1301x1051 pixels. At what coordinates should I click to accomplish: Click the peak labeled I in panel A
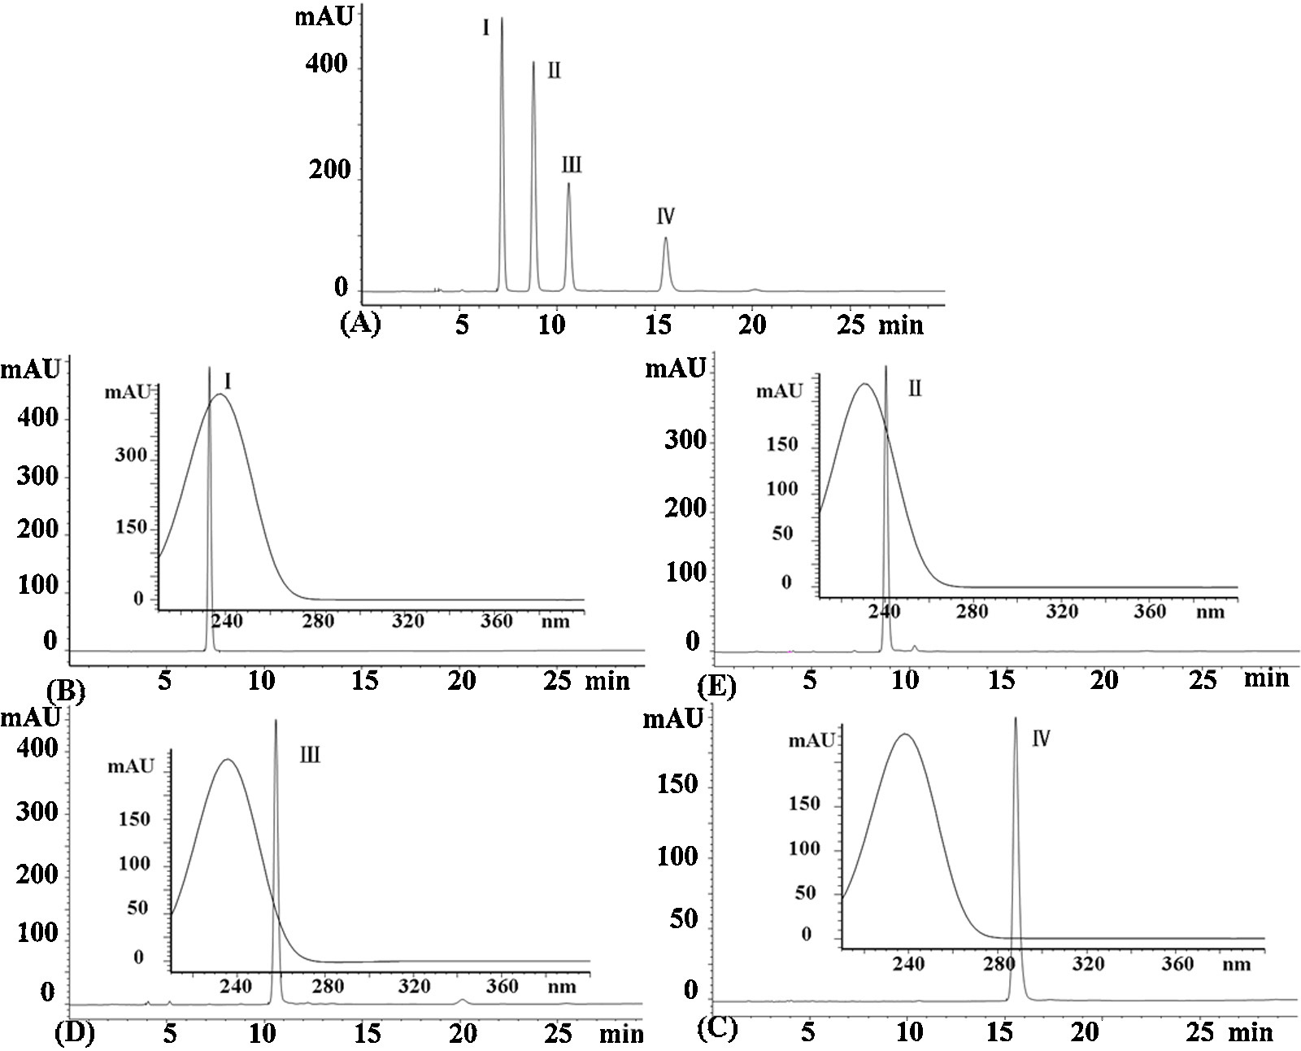click(x=502, y=20)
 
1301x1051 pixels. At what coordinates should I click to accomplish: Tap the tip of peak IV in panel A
click(x=665, y=238)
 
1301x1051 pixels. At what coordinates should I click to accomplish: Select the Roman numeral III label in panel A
click(x=572, y=165)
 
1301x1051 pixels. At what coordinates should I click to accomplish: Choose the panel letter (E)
click(x=716, y=688)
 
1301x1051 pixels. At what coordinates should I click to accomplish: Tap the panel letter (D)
click(x=74, y=1033)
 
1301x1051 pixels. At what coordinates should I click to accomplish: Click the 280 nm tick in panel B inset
click(x=318, y=621)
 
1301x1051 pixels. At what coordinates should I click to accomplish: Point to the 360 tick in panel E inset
click(x=1149, y=610)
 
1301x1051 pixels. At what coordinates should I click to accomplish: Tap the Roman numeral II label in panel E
click(x=915, y=388)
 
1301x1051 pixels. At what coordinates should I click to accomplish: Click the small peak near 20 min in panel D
click(x=462, y=1000)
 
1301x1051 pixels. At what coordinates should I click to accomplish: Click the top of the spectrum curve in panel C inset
click(x=904, y=734)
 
